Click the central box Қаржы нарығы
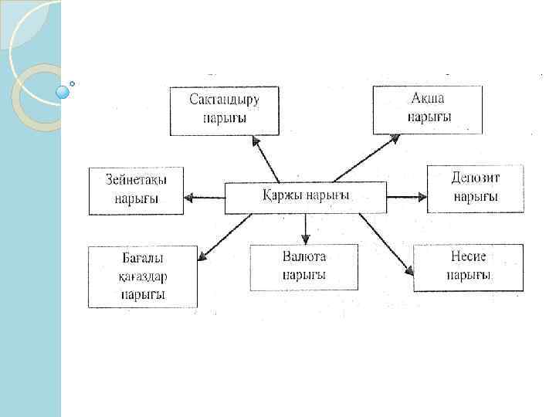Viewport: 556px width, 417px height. [x=305, y=197]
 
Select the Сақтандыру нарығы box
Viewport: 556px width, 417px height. [x=225, y=110]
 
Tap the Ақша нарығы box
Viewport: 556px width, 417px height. [x=428, y=110]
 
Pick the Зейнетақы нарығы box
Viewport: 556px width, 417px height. [x=136, y=190]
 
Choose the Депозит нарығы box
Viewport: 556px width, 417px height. [x=475, y=188]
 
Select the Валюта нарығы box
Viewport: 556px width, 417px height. [x=304, y=266]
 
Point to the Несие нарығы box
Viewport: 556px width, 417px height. [x=468, y=267]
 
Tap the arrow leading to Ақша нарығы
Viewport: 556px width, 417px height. [x=367, y=158]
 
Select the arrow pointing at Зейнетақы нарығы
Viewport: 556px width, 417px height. [x=204, y=198]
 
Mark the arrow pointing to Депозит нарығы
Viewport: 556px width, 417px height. [x=406, y=198]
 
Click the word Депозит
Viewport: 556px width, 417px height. [x=476, y=178]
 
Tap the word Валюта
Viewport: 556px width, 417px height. [x=304, y=257]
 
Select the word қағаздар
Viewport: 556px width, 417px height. [x=144, y=276]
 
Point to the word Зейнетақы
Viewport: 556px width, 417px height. [x=136, y=180]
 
